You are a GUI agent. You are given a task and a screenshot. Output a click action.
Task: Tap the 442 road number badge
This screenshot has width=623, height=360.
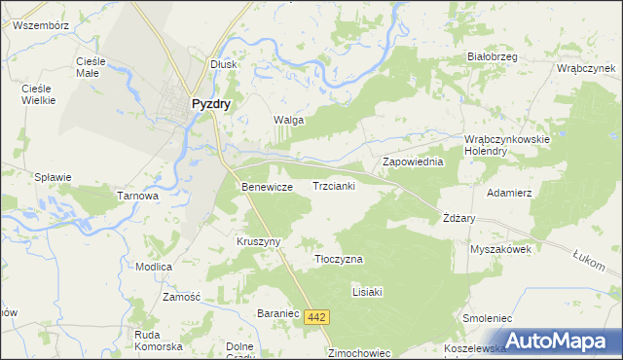(x=316, y=317)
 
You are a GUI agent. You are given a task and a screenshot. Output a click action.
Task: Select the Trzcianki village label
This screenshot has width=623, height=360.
(x=334, y=185)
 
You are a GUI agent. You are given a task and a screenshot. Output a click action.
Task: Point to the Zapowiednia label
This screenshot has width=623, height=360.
(x=413, y=162)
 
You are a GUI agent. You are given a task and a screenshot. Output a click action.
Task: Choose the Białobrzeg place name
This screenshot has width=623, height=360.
(x=492, y=56)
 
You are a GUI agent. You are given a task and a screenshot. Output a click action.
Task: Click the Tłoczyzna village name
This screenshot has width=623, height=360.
(x=339, y=260)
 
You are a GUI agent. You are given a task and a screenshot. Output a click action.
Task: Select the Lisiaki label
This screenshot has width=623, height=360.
(x=369, y=291)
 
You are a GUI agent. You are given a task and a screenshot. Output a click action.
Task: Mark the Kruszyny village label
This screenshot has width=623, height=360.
(x=259, y=241)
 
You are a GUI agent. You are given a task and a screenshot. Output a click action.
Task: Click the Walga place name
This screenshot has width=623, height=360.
(x=288, y=120)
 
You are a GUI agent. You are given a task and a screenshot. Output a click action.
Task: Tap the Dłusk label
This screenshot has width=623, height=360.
(x=225, y=63)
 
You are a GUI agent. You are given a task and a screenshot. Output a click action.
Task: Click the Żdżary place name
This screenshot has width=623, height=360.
(x=458, y=218)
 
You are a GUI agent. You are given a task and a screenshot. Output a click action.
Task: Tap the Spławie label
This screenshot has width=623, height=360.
(x=53, y=177)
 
